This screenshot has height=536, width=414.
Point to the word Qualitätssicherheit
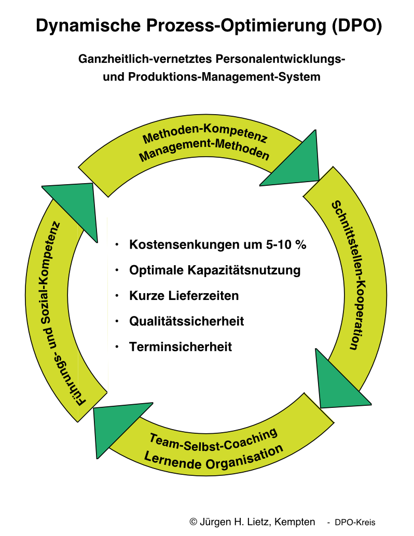(187, 321)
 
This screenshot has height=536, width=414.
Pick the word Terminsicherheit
(181, 347)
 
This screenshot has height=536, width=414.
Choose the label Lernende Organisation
(214, 456)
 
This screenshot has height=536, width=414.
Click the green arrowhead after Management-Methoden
(295, 163)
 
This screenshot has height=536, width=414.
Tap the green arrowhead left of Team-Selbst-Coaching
(117, 424)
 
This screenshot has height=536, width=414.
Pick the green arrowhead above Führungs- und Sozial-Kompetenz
(76, 206)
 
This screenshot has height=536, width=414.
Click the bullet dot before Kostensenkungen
(118, 244)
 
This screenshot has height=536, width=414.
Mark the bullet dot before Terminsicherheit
(118, 347)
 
